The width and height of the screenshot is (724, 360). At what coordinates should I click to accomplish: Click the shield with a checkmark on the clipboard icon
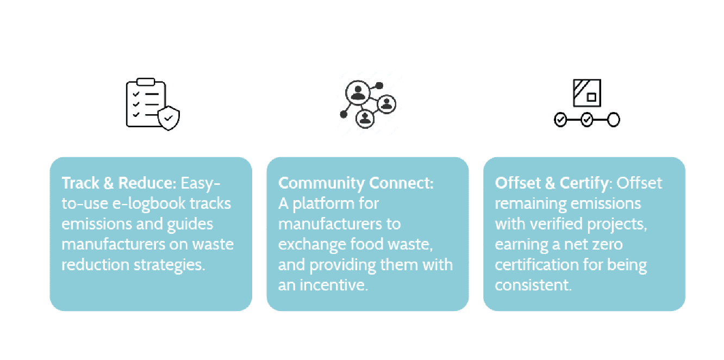click(x=169, y=117)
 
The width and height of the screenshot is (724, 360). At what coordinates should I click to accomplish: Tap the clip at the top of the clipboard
click(x=145, y=82)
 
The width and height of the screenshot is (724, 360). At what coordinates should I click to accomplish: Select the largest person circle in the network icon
click(x=358, y=93)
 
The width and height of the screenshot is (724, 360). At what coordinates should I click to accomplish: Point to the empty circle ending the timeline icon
click(x=613, y=120)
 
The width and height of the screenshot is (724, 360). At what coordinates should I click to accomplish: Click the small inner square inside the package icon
click(x=591, y=98)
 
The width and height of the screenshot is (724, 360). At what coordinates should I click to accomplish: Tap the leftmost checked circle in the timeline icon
click(x=560, y=120)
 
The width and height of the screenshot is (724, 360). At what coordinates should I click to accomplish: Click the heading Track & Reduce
click(x=119, y=183)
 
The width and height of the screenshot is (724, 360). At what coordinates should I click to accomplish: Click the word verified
click(x=563, y=224)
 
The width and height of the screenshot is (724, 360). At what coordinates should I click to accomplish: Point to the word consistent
click(x=532, y=284)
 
